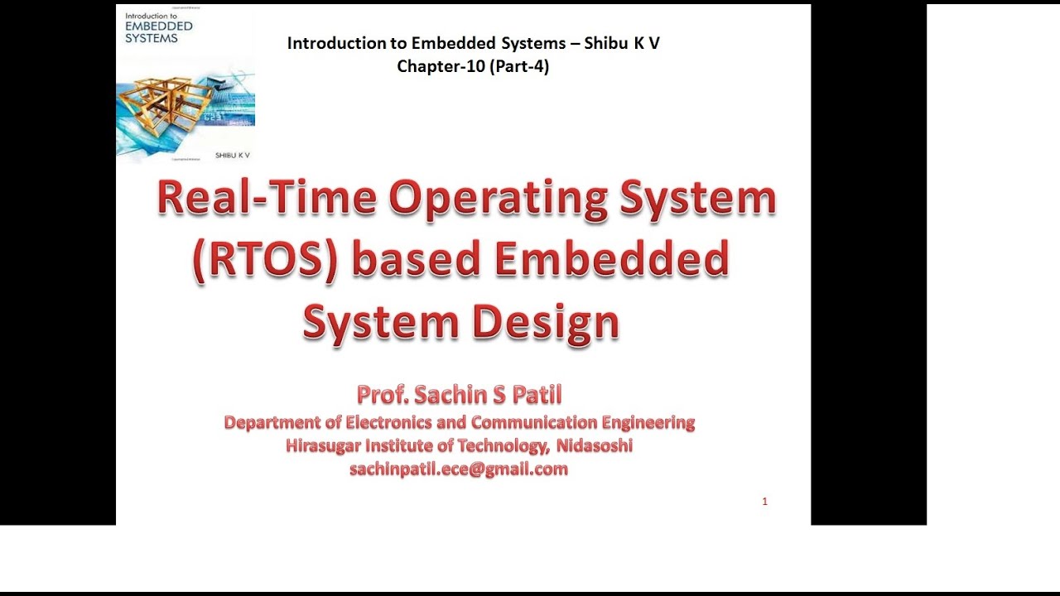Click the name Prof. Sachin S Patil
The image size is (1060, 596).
coord(459,395)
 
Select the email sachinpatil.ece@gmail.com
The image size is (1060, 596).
coord(459,469)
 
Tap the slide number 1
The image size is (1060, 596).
coord(764,502)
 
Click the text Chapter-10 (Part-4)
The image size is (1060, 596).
coord(473,67)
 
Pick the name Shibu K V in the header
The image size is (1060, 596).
coord(622,44)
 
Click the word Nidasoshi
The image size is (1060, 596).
coord(594,446)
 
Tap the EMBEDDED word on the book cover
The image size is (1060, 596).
coord(157,26)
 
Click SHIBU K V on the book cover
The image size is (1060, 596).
coord(232,155)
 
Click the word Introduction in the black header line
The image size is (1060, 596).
coord(336,44)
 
